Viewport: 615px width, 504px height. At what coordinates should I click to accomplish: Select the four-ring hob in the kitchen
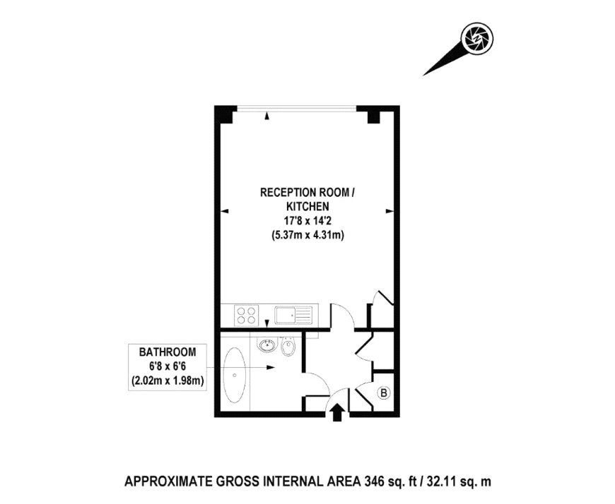(x=245, y=314)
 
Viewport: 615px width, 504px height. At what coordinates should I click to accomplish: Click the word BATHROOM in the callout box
(x=167, y=352)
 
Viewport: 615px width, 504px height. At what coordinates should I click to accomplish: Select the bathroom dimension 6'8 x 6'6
(x=167, y=366)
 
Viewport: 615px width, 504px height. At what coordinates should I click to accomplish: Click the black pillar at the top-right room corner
(x=370, y=116)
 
